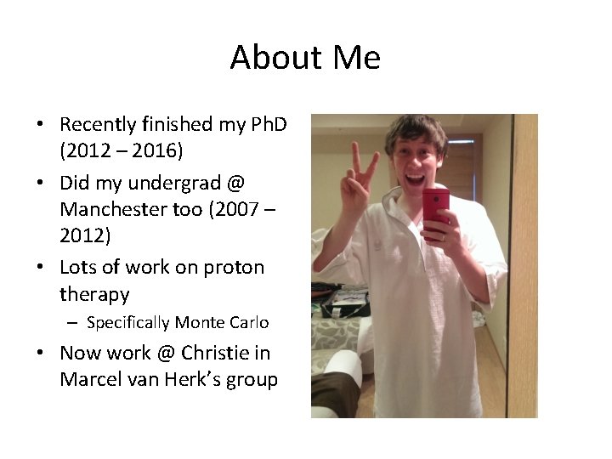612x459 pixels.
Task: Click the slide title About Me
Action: (x=305, y=58)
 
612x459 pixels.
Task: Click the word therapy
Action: (x=94, y=294)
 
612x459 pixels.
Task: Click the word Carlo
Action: (x=248, y=323)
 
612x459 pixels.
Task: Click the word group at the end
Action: (x=252, y=379)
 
